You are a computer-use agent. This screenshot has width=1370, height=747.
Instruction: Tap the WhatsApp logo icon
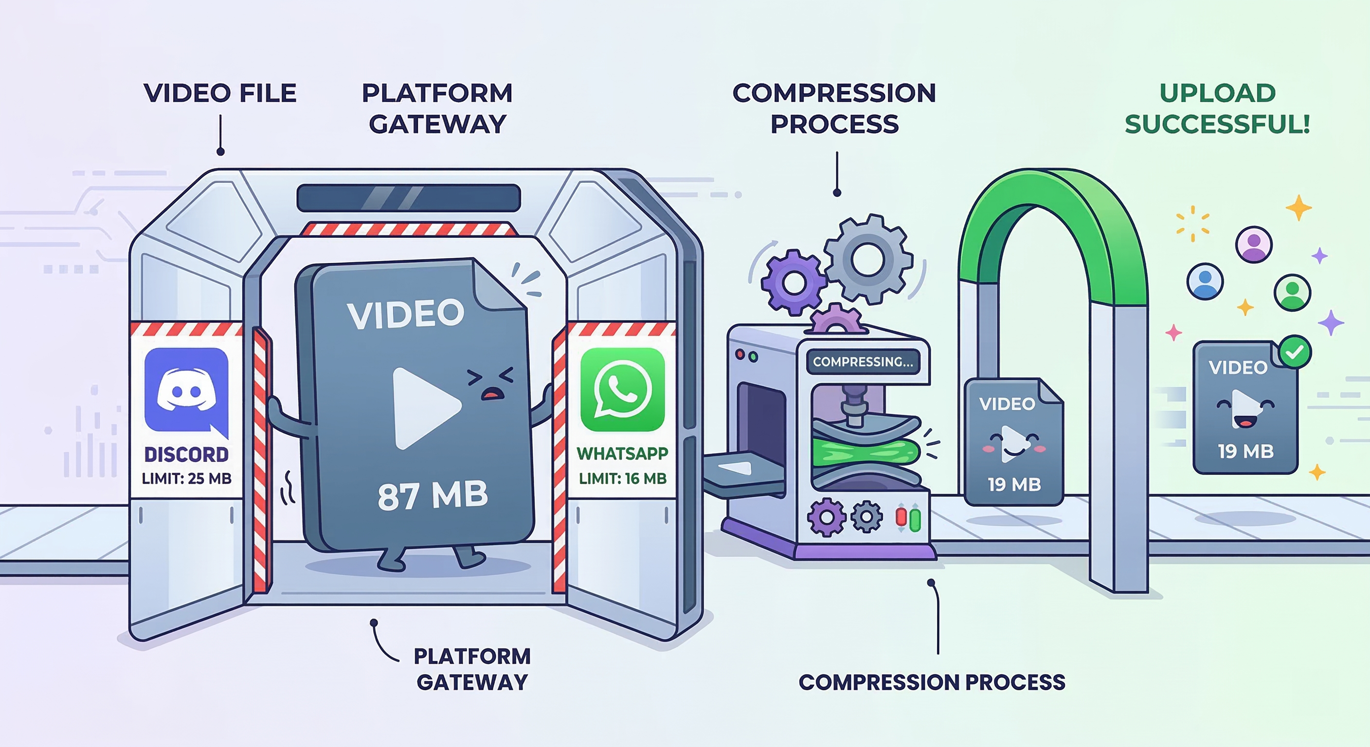click(x=622, y=390)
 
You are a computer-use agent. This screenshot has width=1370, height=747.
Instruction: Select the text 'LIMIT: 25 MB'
click(x=187, y=479)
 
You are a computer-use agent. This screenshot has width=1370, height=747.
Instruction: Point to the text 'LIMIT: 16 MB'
click(x=623, y=479)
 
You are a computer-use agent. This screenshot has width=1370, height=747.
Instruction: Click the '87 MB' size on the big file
click(x=433, y=496)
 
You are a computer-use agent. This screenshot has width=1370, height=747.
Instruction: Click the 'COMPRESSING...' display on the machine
click(x=863, y=362)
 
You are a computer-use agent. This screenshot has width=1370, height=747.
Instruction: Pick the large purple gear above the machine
click(x=793, y=283)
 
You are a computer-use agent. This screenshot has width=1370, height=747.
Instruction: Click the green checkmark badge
click(x=1295, y=352)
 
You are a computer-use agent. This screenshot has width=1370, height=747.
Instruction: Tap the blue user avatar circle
click(x=1205, y=281)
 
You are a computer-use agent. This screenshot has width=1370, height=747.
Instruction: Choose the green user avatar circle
click(x=1292, y=292)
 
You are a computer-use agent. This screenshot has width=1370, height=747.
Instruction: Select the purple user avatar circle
click(x=1254, y=245)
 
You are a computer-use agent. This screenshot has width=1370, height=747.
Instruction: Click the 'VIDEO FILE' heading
click(x=219, y=93)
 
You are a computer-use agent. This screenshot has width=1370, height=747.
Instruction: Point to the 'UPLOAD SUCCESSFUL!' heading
click(x=1217, y=108)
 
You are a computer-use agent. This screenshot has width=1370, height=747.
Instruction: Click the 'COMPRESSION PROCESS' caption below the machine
click(x=932, y=682)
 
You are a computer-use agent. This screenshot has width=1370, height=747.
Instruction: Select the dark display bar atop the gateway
click(x=409, y=198)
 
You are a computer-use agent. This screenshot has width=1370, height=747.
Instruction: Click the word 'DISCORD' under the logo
click(x=187, y=455)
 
